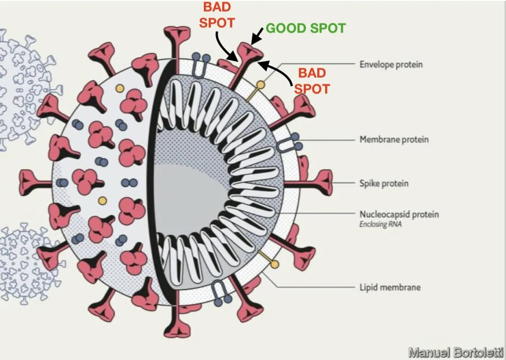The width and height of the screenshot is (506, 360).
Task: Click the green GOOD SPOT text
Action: [305, 28]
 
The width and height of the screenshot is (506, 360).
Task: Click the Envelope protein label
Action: [391, 64]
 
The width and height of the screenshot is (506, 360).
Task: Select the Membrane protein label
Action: [394, 139]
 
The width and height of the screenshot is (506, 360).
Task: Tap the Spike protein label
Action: [383, 184]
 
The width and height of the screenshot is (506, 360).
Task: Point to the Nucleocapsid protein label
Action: [399, 214]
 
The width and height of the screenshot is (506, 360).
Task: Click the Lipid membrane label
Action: [390, 288]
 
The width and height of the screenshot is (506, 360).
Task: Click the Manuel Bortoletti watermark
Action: [455, 353]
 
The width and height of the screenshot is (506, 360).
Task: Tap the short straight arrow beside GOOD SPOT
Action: [259, 34]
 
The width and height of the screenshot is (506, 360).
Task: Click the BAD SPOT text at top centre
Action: [217, 15]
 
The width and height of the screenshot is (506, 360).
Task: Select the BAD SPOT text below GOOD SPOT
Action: [312, 80]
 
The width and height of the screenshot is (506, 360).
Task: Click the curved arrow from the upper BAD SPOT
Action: [225, 48]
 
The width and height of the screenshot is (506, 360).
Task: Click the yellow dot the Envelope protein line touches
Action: [260, 84]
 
